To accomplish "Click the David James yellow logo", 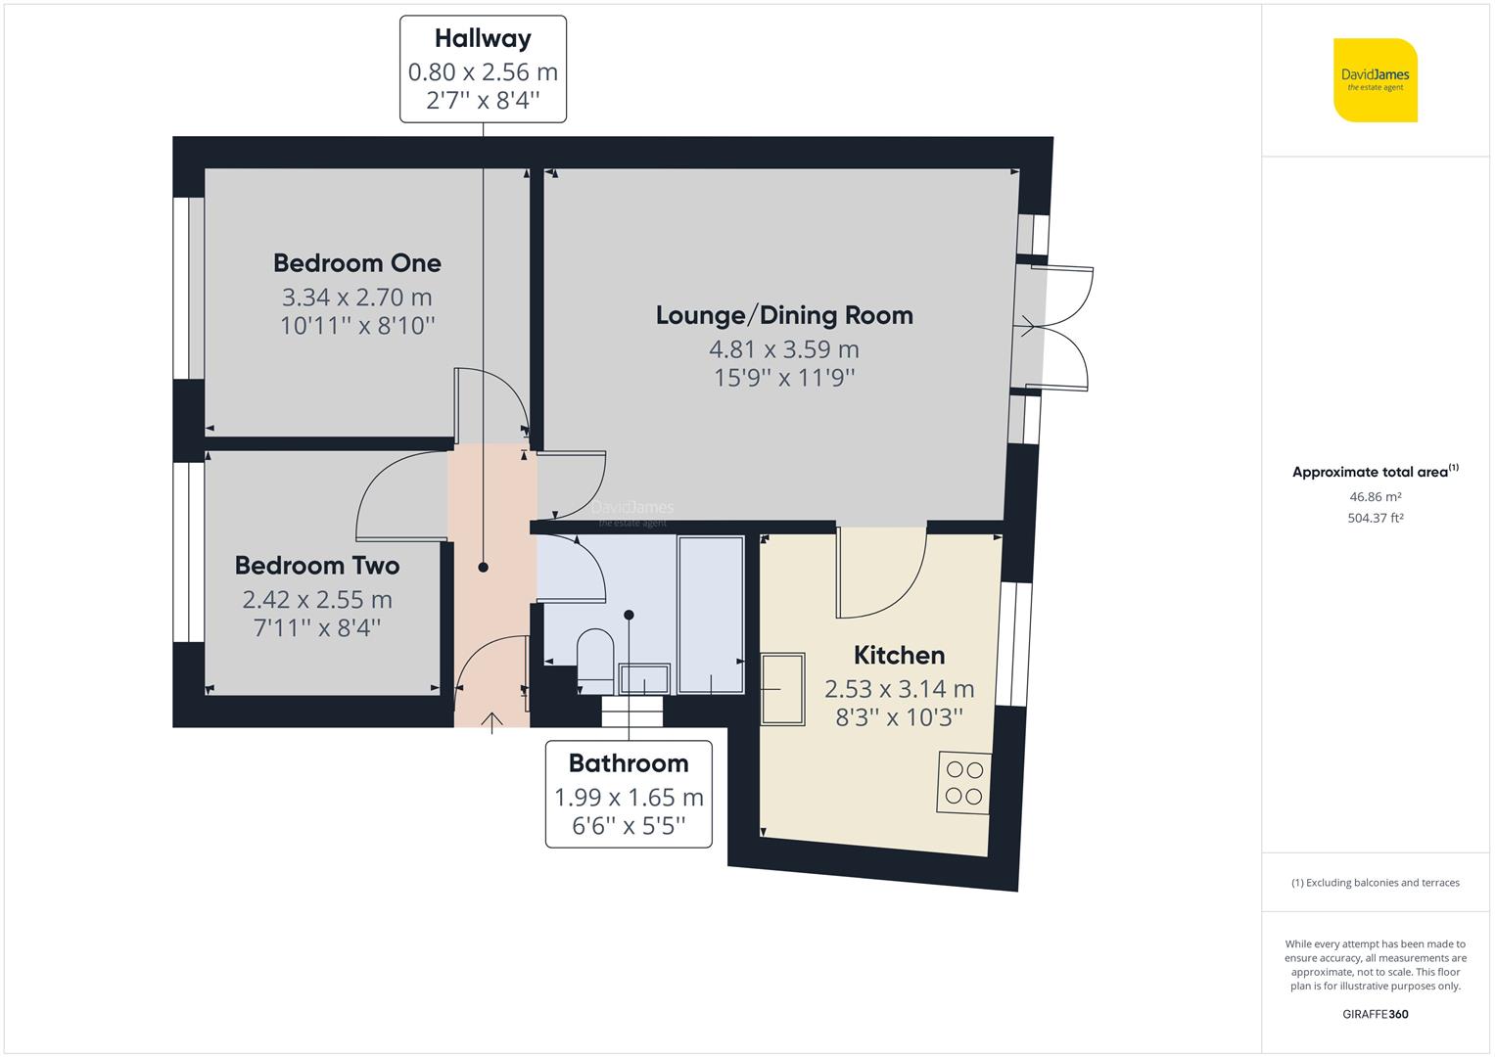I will click(x=1376, y=80).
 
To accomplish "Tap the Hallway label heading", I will click(x=483, y=39).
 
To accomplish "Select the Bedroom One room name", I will click(x=357, y=263).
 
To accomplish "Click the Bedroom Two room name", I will click(x=317, y=566).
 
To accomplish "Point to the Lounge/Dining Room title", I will click(x=784, y=315).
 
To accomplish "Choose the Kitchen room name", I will click(x=899, y=656).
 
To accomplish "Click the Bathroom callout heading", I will click(x=629, y=763).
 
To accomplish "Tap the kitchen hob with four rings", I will click(x=964, y=783).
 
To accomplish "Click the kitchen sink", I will click(x=783, y=690).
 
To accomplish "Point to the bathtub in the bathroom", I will click(x=711, y=615).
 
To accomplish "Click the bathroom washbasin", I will click(x=643, y=678).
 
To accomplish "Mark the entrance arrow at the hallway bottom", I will click(x=491, y=721).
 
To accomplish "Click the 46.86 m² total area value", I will click(x=1375, y=497).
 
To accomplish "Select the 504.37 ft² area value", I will click(x=1375, y=519).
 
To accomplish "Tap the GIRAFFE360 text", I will click(x=1375, y=1014).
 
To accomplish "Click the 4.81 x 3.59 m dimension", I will click(x=784, y=349).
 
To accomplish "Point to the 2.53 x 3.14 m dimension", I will click(x=899, y=689).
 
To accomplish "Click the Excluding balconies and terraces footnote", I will click(x=1375, y=883).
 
